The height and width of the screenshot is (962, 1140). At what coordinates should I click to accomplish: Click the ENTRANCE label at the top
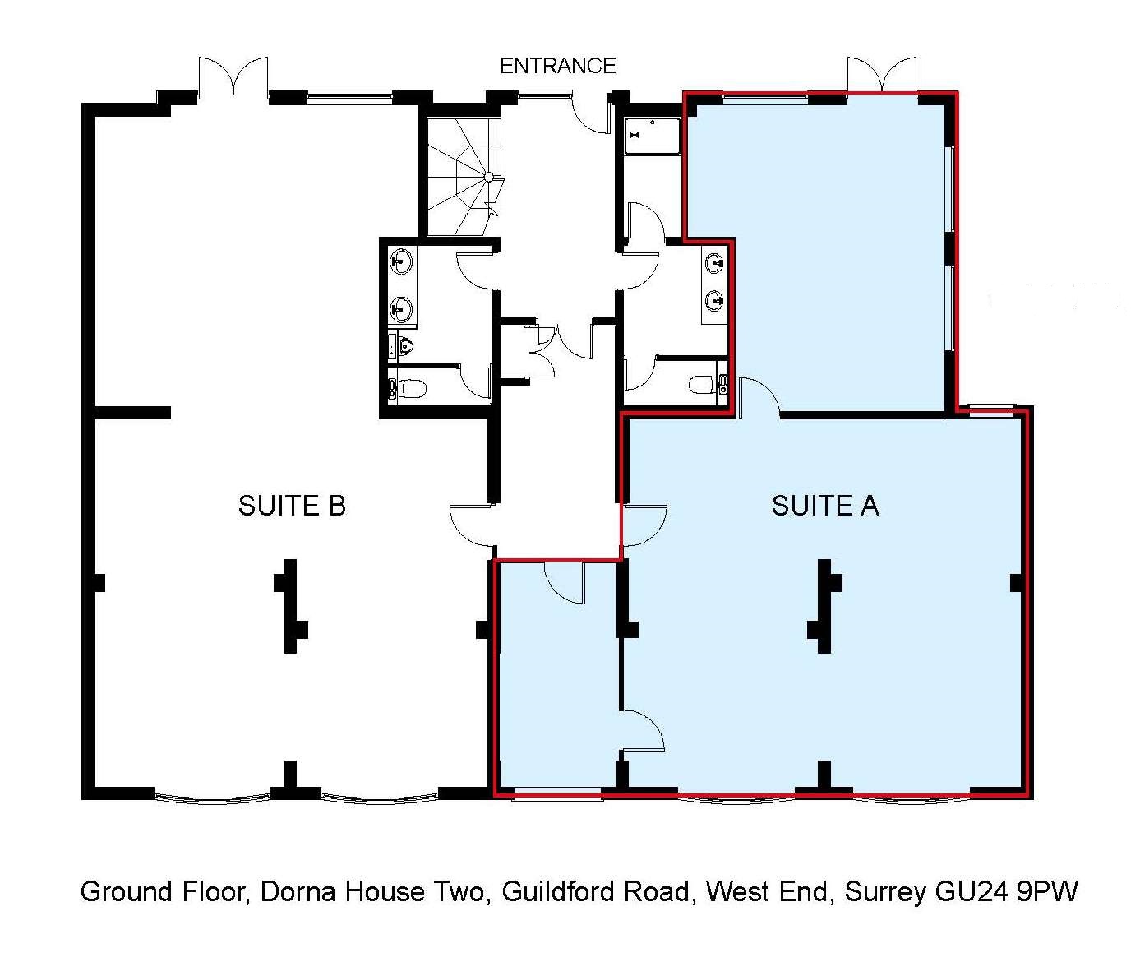[x=557, y=66]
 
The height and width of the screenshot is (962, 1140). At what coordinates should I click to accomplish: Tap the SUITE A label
[x=825, y=506]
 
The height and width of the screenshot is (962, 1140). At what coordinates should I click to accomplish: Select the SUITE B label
[x=292, y=506]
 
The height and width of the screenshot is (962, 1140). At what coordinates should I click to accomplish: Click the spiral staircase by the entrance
[x=463, y=177]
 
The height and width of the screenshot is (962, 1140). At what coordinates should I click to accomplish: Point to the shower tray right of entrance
[x=653, y=136]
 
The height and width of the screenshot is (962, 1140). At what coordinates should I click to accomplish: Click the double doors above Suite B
[x=233, y=76]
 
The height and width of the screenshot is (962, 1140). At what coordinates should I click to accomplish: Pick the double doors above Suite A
[x=882, y=76]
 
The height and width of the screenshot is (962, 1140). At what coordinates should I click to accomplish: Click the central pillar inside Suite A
[x=824, y=606]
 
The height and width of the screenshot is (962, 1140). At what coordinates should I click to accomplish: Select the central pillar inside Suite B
[x=290, y=606]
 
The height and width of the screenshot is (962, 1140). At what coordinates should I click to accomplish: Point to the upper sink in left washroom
[x=403, y=261]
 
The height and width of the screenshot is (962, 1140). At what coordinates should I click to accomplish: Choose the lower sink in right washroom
[x=715, y=299]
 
